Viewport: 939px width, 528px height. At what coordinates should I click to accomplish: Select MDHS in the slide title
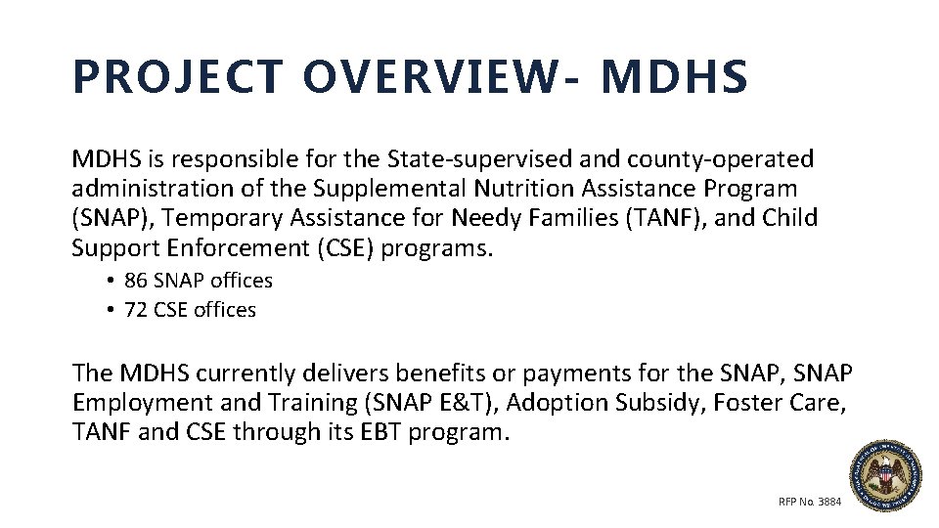tap(675, 78)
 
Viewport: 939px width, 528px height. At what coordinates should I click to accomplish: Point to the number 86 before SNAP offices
tap(136, 281)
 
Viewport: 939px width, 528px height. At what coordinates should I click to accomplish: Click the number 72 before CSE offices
tap(136, 310)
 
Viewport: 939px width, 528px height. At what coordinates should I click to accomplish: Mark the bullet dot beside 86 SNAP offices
tap(112, 282)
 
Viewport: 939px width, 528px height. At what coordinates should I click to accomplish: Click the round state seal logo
tap(884, 476)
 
